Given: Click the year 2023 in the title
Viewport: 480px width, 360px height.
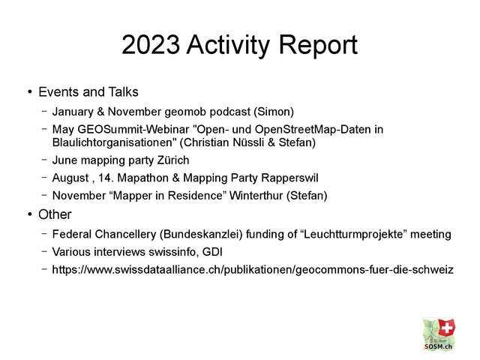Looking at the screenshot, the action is tap(151, 44).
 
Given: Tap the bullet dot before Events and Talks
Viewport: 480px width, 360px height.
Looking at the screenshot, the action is tap(30, 91).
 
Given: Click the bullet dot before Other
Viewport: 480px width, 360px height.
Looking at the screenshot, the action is tap(30, 214).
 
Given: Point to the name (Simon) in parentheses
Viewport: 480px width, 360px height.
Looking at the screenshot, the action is tap(274, 112).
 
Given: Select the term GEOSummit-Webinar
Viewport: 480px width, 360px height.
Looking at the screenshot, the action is tap(133, 130).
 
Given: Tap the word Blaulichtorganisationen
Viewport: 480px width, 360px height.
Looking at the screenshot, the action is tap(115, 142).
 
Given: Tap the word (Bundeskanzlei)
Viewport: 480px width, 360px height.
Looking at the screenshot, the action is tap(201, 234).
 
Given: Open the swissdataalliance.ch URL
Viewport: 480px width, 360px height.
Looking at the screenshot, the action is tap(253, 270).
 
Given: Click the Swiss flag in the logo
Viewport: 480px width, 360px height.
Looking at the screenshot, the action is tap(447, 328).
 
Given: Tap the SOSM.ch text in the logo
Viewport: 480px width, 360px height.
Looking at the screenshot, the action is tap(438, 346).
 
